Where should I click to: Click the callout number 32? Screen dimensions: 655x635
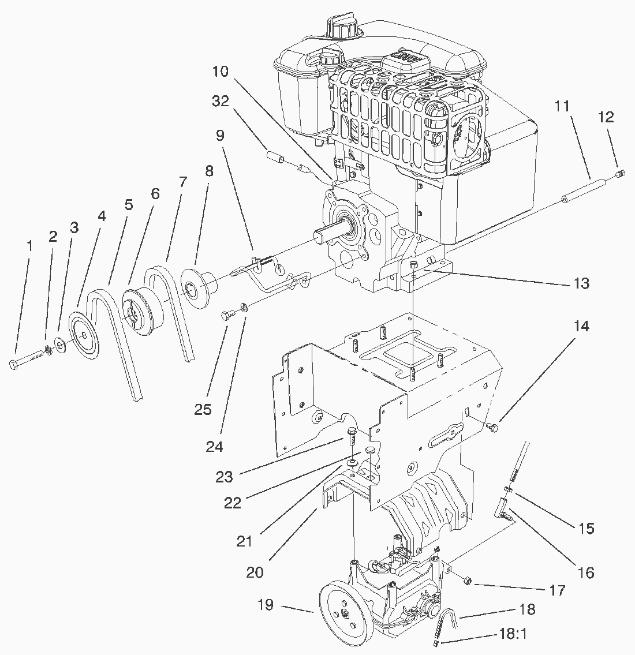point(221,101)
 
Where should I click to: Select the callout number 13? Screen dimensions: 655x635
point(581,283)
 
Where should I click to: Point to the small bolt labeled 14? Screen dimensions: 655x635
point(492,427)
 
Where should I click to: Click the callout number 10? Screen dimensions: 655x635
point(221,72)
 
